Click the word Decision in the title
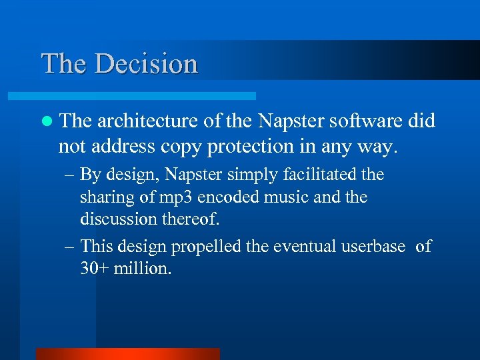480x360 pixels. click(146, 64)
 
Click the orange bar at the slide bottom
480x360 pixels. click(127, 354)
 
